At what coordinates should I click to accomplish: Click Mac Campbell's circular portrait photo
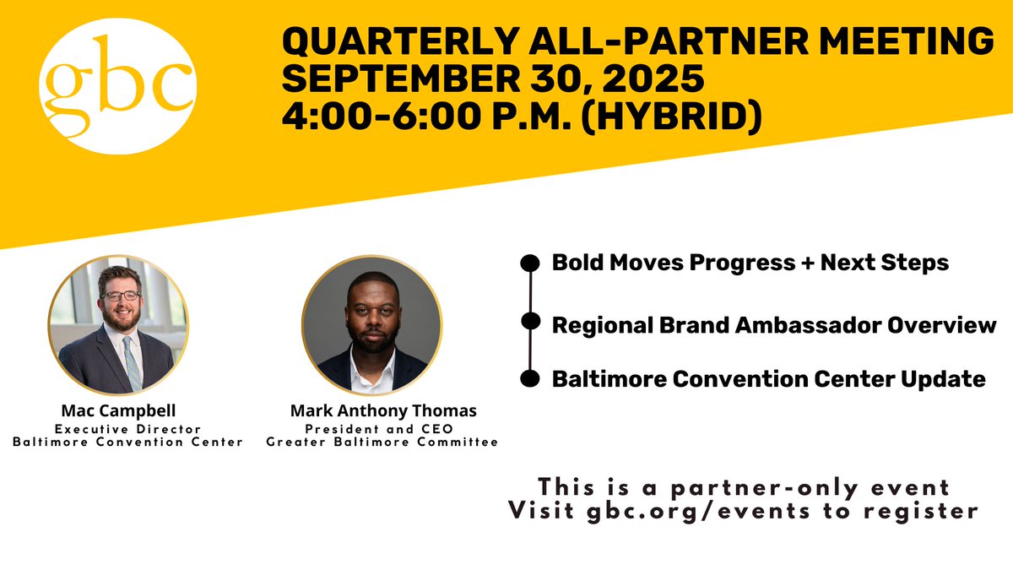pos(118,325)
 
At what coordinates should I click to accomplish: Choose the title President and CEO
pos(382,428)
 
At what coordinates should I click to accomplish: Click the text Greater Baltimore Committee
pos(382,442)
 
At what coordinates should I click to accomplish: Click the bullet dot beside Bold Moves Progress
pos(530,263)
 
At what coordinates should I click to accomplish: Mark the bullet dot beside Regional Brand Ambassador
pos(530,321)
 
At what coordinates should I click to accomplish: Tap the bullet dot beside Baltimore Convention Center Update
pos(530,379)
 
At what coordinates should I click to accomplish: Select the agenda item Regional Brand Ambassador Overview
pos(773,324)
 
